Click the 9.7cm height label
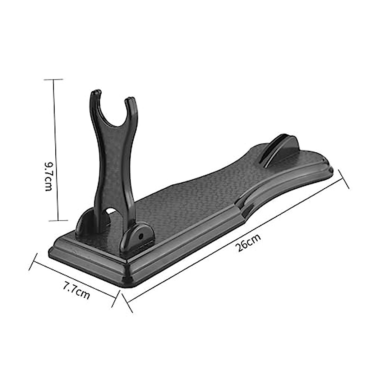pyautogui.click(x=48, y=176)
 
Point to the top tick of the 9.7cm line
pyautogui.click(x=53, y=80)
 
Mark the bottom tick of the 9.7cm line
pyautogui.click(x=58, y=221)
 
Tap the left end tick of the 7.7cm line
pyautogui.click(x=33, y=262)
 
